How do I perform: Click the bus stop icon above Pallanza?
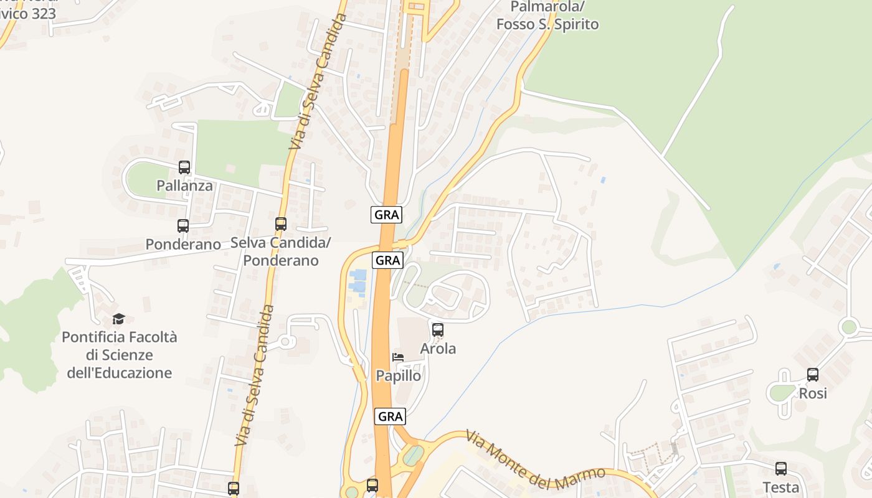[184, 167]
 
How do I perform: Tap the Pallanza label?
[184, 186]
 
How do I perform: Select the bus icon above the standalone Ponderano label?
[183, 226]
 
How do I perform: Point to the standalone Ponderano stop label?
[183, 244]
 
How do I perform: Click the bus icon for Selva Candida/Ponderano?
[281, 223]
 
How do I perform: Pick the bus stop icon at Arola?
[438, 330]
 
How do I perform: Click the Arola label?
[438, 349]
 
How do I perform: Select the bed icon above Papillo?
[398, 357]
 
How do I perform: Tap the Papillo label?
[399, 376]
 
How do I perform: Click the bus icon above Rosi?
[813, 375]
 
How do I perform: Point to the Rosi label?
[813, 393]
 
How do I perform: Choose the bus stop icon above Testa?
[781, 469]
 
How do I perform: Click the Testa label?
[781, 487]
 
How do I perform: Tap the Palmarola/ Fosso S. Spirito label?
[547, 16]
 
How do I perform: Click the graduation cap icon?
[118, 319]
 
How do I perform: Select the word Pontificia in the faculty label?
[95, 337]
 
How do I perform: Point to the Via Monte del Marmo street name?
[536, 456]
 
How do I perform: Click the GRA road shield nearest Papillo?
[391, 416]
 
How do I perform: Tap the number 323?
[43, 13]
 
